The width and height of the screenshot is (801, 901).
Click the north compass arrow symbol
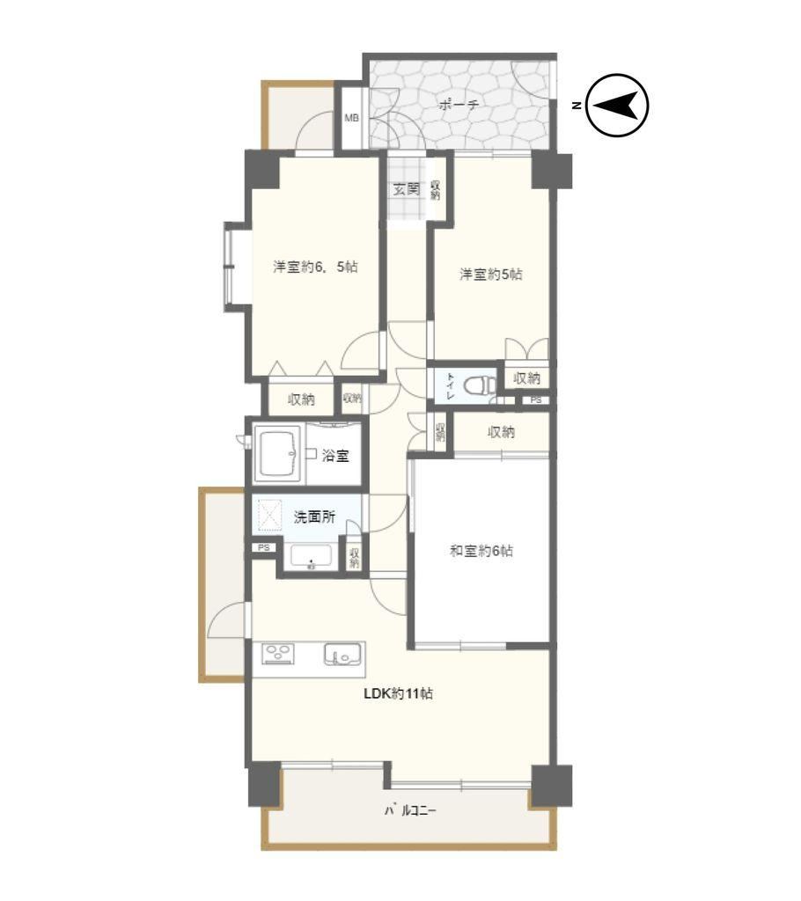click(618, 106)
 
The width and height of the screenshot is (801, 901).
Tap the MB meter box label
click(351, 118)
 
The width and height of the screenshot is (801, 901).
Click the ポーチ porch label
click(459, 105)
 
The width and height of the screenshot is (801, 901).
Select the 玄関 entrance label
click(406, 189)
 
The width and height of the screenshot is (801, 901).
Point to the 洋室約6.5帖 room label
click(315, 267)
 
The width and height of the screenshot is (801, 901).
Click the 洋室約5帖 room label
click(490, 275)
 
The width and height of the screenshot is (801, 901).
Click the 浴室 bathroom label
click(334, 456)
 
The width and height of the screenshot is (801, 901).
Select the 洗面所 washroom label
click(314, 516)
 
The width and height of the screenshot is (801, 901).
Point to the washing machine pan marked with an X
click(269, 515)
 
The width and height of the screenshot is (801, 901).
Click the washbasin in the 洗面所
click(311, 556)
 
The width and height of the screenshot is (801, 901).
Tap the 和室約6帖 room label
click(481, 551)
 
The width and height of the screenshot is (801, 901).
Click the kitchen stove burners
click(278, 654)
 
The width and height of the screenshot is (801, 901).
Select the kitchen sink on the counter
click(342, 655)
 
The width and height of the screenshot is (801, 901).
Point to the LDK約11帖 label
click(398, 693)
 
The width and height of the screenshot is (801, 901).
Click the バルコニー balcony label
click(410, 810)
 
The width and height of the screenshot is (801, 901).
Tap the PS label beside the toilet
click(536, 400)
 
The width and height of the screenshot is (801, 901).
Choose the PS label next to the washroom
click(263, 547)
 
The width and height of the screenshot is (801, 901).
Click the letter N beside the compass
click(576, 106)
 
